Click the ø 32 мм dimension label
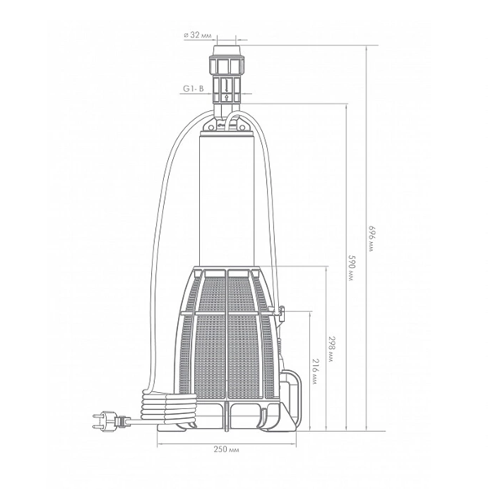click(x=197, y=35)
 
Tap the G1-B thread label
click(x=193, y=89)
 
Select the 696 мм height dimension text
click(x=371, y=239)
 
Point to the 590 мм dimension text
click(x=352, y=267)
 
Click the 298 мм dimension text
click(x=331, y=349)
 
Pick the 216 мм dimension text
click(x=315, y=371)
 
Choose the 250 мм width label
click(x=227, y=449)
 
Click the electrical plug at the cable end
click(x=109, y=421)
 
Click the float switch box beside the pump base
click(x=291, y=385)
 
